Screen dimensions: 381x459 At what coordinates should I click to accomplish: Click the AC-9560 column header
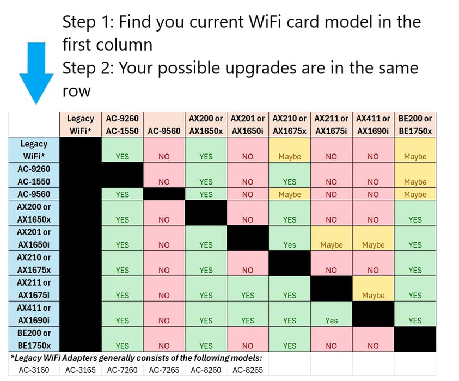tap(164, 131)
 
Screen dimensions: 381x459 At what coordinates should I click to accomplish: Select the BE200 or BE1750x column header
tap(415, 125)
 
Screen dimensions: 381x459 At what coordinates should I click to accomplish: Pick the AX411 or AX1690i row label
tap(34, 314)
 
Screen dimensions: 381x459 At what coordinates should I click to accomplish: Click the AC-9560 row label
tap(34, 194)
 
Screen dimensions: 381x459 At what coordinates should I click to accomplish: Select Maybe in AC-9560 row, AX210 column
tap(290, 194)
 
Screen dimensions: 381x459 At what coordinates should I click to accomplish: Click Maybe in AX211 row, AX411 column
tap(373, 296)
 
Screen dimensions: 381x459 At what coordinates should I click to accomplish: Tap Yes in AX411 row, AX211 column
tap(331, 321)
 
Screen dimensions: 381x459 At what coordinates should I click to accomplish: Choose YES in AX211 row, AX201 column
tap(248, 296)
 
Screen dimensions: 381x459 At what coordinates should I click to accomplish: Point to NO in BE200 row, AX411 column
tap(373, 346)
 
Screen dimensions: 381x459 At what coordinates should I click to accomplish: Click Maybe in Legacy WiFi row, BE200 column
tap(415, 157)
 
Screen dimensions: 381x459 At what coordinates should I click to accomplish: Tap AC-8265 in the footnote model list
tap(248, 370)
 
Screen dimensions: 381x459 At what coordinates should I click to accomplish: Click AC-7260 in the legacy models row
tap(123, 370)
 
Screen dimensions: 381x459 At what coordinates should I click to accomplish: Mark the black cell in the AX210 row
tap(290, 263)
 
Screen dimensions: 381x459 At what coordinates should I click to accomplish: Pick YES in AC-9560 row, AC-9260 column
tap(123, 194)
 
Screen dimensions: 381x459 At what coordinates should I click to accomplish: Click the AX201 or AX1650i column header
tap(248, 125)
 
